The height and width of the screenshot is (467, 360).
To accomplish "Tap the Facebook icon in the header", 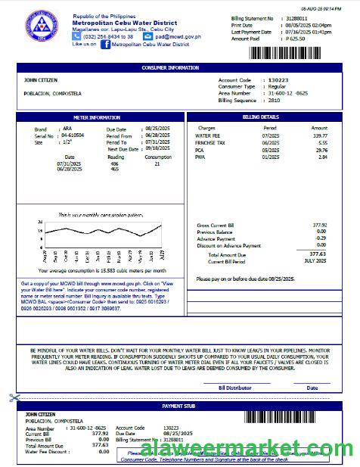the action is coord(106,44).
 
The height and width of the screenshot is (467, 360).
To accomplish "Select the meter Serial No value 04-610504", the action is coord(73,135).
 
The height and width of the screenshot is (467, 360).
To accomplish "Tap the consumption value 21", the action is coord(157,163).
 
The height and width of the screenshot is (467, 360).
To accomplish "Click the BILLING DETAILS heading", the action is coord(261,118).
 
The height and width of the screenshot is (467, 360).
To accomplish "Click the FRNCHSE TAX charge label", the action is coord(209,142).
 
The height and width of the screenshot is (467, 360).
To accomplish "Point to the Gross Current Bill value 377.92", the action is coord(319,226).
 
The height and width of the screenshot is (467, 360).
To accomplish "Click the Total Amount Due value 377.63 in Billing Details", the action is coord(318,254).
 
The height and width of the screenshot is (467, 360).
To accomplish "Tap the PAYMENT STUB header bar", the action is coord(178,406).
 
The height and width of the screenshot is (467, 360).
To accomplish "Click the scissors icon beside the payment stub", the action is coord(14,397).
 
